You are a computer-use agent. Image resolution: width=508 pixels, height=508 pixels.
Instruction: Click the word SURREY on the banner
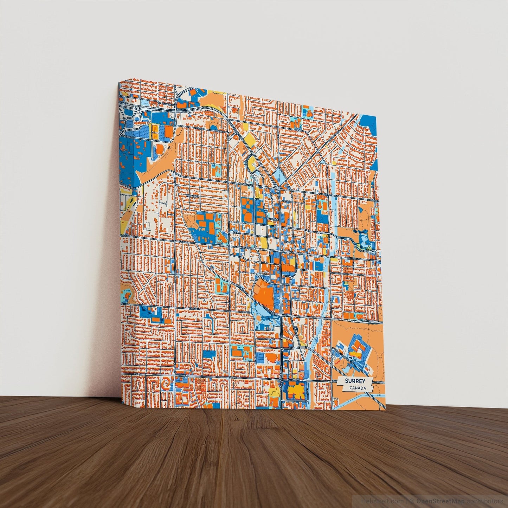coord(355,381)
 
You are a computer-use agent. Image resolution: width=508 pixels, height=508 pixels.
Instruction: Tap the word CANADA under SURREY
coord(358,388)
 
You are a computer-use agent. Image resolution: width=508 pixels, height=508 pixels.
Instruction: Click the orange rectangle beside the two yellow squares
coord(169,132)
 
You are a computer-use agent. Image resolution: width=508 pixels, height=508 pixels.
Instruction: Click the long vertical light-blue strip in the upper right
coord(334,211)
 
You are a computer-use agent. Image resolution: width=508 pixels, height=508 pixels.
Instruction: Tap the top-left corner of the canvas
coord(120,82)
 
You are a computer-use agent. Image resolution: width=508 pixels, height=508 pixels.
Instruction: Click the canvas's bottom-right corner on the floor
coord(386,410)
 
